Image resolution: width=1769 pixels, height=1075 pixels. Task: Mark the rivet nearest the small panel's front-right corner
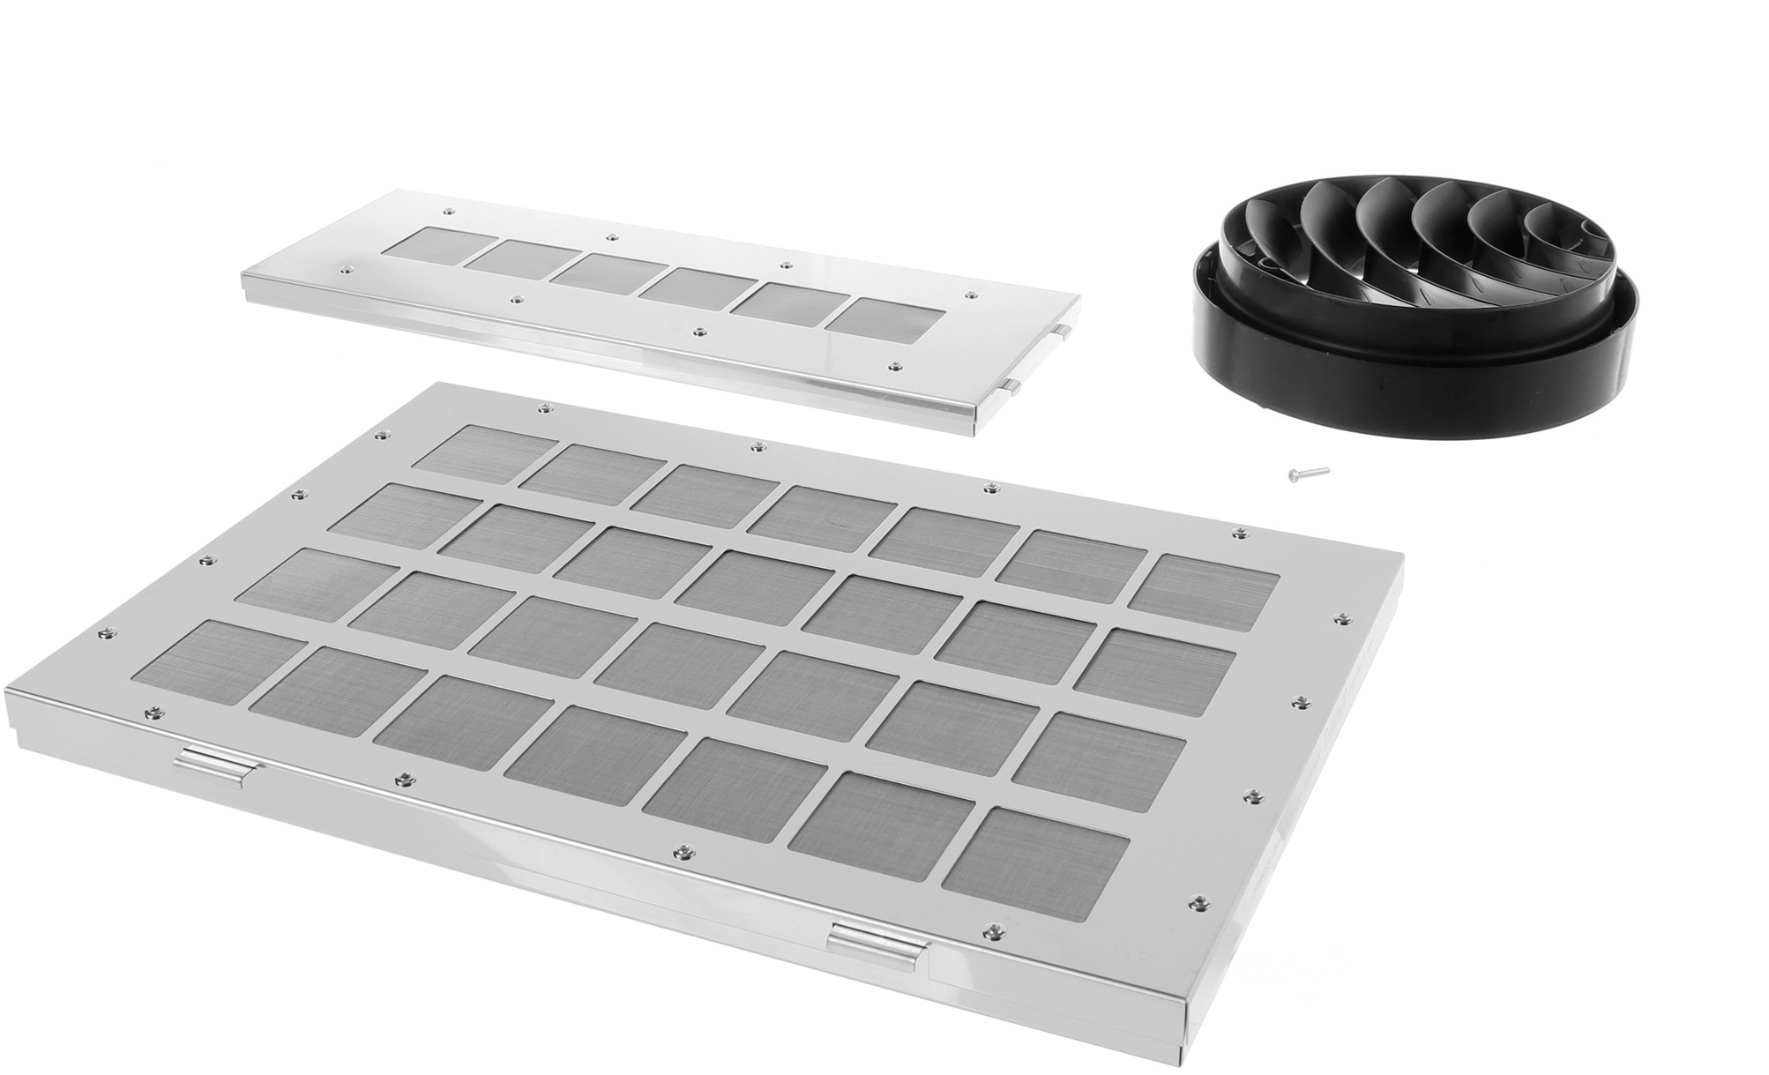[x=896, y=365]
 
